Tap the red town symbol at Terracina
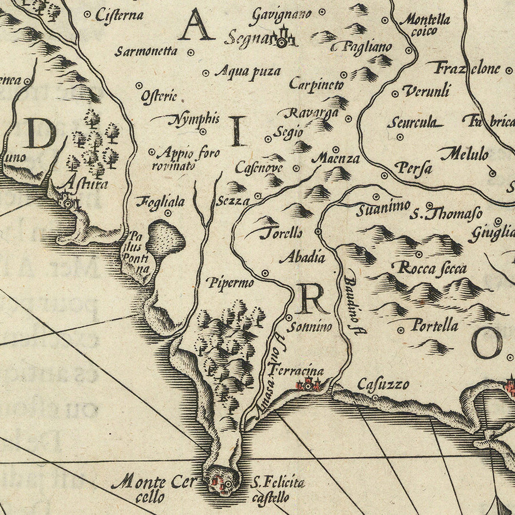pyautogui.click(x=308, y=385)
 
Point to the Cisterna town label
pyautogui.click(x=119, y=15)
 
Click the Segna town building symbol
pyautogui.click(x=282, y=39)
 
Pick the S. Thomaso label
pyautogui.click(x=446, y=214)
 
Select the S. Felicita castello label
pyautogui.click(x=276, y=490)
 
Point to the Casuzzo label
pyautogui.click(x=383, y=383)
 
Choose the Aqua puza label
pyautogui.click(x=247, y=72)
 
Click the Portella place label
pyautogui.click(x=435, y=326)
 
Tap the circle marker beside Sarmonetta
pyautogui.click(x=191, y=51)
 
